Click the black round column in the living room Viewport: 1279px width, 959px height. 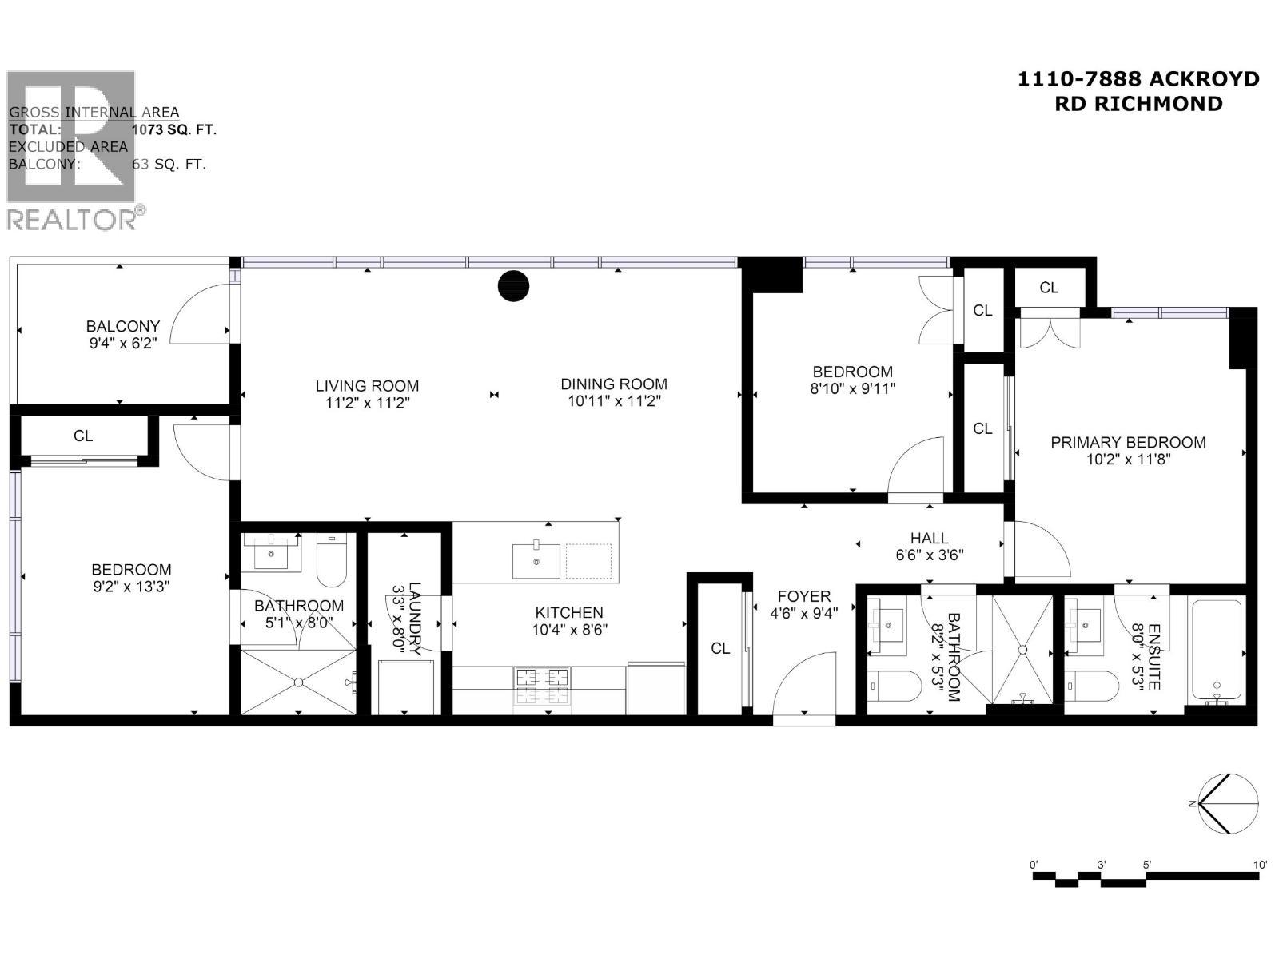pos(513,285)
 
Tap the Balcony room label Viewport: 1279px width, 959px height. pos(123,326)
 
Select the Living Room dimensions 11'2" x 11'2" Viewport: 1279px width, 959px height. pos(367,404)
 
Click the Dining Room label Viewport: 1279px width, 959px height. pos(613,384)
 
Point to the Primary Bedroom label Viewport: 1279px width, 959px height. pos(1128,442)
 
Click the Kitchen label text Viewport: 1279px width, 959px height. pos(569,612)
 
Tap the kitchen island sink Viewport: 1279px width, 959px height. pos(536,559)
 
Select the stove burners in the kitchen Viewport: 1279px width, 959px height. pos(544,685)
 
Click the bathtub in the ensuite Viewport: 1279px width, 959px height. pos(1217,651)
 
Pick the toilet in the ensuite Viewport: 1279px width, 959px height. pos(1092,685)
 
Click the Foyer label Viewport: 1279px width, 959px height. pos(803,596)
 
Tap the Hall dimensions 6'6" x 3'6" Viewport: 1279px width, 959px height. pos(929,555)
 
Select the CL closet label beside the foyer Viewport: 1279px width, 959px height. pos(720,648)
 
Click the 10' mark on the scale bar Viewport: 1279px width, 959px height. pos(1260,865)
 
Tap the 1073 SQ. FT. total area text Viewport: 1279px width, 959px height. pos(174,129)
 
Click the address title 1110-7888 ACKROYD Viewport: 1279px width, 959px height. pos(1138,79)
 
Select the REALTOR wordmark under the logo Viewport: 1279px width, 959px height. pos(72,220)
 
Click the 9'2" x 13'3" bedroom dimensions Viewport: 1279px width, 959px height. pos(131,587)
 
